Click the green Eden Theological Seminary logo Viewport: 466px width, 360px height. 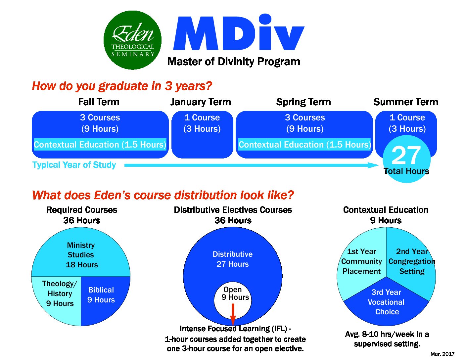point(132,40)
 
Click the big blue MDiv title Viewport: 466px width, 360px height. point(239,32)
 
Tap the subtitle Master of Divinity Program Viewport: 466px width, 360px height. point(234,62)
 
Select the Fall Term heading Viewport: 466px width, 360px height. point(99,102)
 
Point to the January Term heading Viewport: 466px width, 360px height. point(201,102)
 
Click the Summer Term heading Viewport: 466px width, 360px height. point(405,102)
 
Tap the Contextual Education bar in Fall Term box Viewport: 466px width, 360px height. point(100,145)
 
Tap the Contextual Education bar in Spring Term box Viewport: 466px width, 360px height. point(304,145)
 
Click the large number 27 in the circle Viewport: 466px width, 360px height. point(406,155)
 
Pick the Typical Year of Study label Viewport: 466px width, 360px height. point(74,165)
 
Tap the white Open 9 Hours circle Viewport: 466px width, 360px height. point(233,300)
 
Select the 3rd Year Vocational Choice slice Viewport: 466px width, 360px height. point(386,304)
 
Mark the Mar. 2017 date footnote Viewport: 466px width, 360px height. point(442,354)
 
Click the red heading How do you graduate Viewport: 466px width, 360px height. point(122,86)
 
